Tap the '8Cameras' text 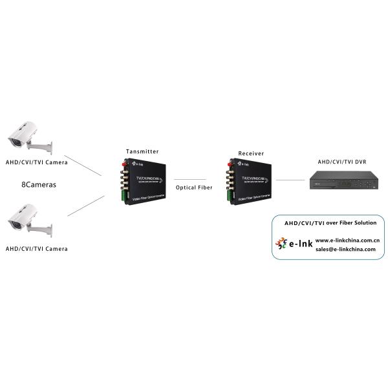coord(39,184)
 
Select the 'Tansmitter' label coord(142,151)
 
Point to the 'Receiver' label coord(251,153)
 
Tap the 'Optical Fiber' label coord(193,188)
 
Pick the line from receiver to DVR coord(290,180)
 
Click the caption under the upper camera coord(36,162)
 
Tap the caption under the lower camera coord(36,248)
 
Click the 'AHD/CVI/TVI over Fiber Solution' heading coord(330,222)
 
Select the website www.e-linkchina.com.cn coord(347,240)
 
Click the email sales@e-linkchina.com coord(345,249)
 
